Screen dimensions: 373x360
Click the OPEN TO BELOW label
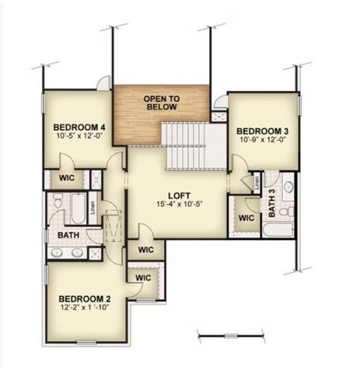click(162, 103)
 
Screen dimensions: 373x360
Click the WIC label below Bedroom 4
click(66, 178)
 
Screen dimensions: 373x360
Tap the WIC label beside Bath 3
click(246, 218)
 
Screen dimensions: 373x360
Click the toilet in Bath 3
click(285, 211)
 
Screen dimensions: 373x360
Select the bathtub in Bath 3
click(277, 231)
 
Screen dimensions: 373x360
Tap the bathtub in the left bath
click(79, 207)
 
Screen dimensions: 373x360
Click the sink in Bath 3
click(287, 187)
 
